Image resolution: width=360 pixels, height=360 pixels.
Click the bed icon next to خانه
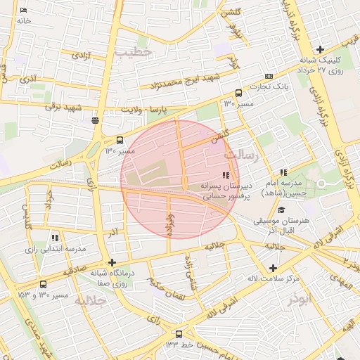coord(24,11)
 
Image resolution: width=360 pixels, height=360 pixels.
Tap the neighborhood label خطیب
coord(133,52)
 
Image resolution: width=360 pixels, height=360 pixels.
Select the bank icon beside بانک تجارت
coord(269,76)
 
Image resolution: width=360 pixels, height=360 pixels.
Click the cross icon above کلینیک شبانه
coord(321,49)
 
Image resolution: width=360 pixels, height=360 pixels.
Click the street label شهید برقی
coord(64,107)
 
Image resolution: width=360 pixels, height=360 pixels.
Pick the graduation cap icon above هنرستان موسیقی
coord(281,210)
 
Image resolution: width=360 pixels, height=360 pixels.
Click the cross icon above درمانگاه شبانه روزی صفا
coord(112,262)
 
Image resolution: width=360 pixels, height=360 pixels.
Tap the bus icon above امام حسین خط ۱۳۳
coord(179,334)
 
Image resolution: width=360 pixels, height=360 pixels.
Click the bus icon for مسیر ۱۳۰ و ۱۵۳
coord(44,284)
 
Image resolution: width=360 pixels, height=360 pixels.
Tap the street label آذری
coord(28,79)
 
